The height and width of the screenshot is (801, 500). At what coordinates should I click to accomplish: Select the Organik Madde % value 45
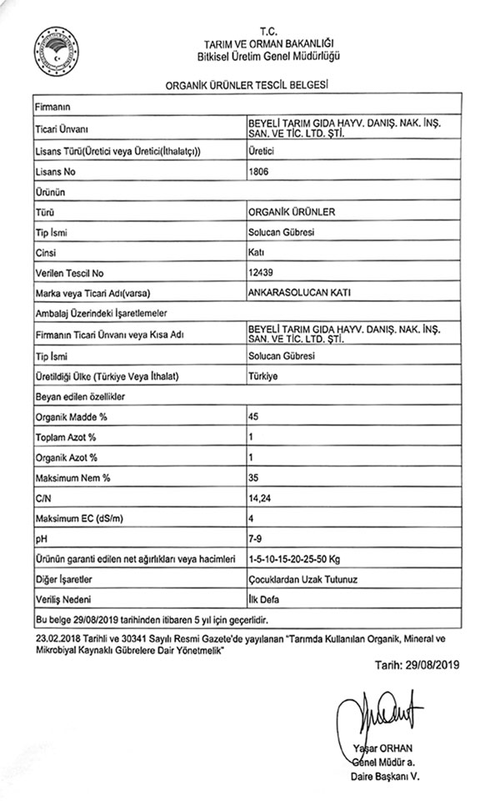coord(254,416)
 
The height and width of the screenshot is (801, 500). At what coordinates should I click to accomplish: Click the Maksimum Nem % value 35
coord(254,477)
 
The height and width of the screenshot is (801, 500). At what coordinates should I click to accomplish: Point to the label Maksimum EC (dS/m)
coord(76,518)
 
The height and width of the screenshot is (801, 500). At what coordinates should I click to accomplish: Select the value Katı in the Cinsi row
coord(257,252)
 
